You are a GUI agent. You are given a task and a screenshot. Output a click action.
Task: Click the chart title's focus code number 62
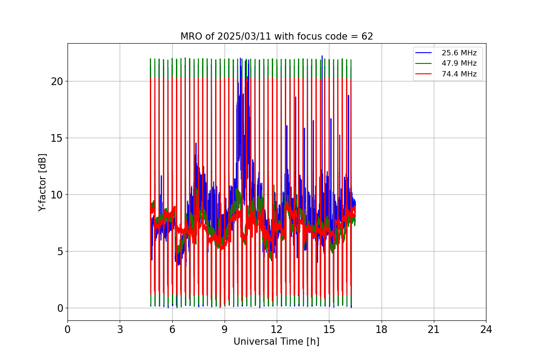tap(367, 36)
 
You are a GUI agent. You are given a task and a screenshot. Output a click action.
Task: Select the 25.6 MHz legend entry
tap(459, 53)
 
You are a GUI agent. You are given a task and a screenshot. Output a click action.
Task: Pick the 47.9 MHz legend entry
tap(459, 63)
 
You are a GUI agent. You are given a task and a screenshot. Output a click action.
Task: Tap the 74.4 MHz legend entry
tap(459, 74)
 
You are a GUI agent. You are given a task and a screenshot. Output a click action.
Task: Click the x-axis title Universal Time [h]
tap(276, 342)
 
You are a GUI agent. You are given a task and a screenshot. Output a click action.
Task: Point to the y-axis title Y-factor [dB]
tap(42, 182)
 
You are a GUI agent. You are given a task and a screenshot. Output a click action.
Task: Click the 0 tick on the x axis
tap(67, 330)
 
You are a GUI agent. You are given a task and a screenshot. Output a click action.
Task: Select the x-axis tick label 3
tap(120, 330)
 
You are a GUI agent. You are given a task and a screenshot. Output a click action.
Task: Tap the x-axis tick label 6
tap(172, 330)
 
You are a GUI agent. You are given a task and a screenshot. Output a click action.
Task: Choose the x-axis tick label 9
tap(225, 330)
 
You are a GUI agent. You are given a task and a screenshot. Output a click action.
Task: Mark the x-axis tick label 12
tap(277, 330)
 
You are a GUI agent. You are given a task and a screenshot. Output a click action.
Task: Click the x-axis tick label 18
tap(381, 330)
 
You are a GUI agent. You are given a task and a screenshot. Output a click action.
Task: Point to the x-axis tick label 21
tap(434, 330)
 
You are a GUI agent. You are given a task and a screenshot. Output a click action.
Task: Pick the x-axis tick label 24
tap(486, 330)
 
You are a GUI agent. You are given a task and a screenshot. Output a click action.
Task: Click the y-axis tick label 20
tap(57, 81)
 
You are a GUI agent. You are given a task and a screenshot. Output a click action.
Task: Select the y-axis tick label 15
tap(57, 138)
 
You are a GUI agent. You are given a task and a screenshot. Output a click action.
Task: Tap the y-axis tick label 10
tap(57, 195)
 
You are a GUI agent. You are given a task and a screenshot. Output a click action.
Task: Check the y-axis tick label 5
tap(59, 252)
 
